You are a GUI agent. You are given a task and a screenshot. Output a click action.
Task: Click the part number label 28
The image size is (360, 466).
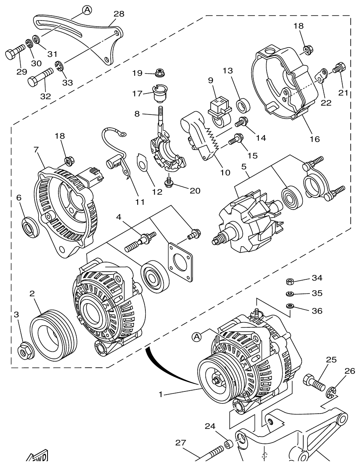tap(119, 14)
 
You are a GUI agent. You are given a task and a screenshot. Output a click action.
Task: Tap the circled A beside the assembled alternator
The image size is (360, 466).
tap(196, 337)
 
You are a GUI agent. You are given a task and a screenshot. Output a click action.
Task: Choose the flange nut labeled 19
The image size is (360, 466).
tap(161, 73)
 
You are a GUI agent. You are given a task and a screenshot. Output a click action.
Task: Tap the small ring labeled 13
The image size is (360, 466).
tap(244, 107)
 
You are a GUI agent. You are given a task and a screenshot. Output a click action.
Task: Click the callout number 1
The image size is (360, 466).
tap(160, 394)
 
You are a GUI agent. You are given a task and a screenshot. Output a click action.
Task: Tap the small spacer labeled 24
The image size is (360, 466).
tap(228, 445)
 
